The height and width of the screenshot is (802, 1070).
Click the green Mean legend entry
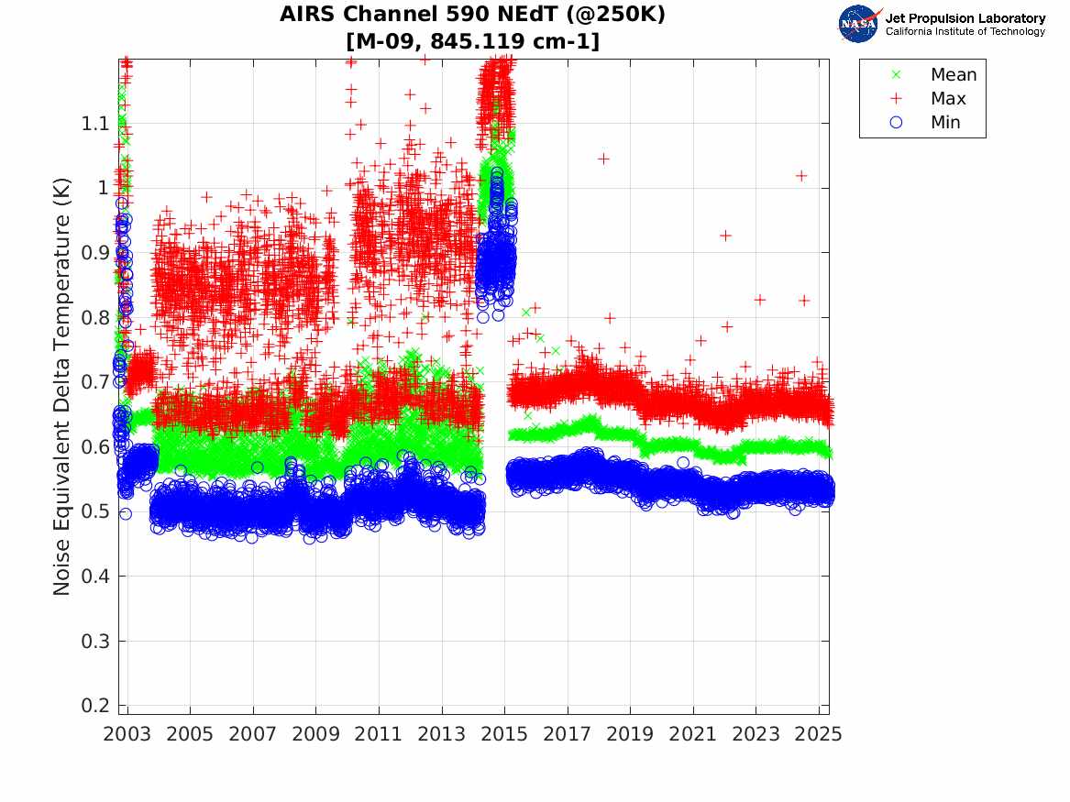click(x=953, y=75)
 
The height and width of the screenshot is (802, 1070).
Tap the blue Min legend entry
click(x=945, y=123)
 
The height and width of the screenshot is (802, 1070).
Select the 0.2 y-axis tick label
click(x=96, y=706)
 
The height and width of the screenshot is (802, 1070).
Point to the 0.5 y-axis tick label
click(x=96, y=511)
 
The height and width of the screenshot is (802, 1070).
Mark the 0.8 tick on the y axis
click(x=96, y=317)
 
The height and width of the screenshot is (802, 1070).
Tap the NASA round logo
click(x=858, y=24)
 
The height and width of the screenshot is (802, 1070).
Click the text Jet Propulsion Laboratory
click(x=965, y=18)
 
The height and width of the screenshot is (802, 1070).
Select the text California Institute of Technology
click(x=965, y=32)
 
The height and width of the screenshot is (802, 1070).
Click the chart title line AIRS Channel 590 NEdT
click(x=473, y=15)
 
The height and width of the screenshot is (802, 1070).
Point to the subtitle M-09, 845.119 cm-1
click(x=473, y=41)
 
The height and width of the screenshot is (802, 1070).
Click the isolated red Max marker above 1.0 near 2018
click(x=603, y=159)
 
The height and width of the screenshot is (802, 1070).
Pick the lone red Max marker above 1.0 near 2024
click(x=801, y=175)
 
